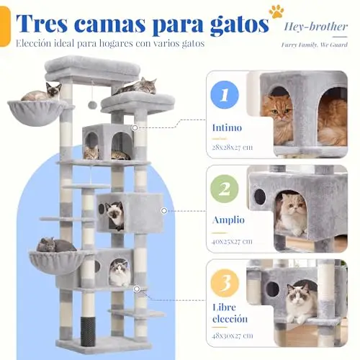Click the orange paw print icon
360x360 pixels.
pos(276,11)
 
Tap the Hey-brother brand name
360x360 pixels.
pos(315,27)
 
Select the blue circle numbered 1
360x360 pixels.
pos(225,95)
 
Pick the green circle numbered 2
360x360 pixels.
pos(225,189)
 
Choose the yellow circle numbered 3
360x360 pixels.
pos(225,283)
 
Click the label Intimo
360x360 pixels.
pos(227,127)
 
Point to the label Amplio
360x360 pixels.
pos(228,220)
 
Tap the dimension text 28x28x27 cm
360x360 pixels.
pos(233,147)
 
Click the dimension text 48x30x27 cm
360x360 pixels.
pos(233,336)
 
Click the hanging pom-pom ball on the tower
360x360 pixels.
pos(91,104)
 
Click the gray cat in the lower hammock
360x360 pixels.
pos(55,245)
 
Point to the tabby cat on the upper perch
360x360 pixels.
pos(135,86)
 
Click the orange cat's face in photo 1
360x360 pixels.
pos(279,111)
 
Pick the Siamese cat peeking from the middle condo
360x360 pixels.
pos(114,215)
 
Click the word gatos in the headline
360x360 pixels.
pos(240,25)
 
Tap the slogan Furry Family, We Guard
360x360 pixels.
pos(315,45)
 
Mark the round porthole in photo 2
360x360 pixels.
pos(259,197)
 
